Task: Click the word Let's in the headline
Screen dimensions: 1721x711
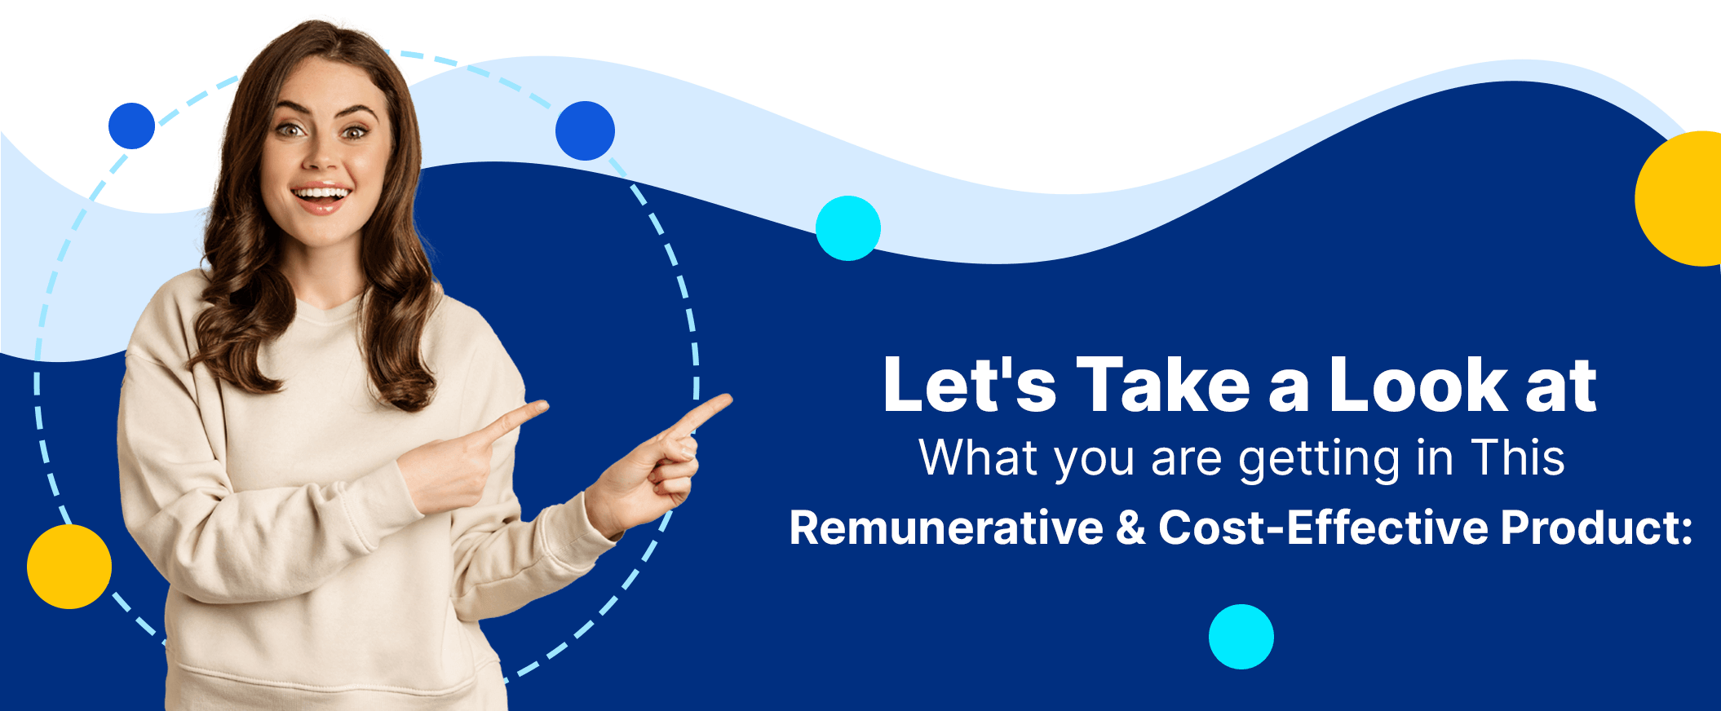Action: pyautogui.click(x=970, y=384)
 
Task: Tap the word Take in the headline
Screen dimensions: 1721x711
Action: pyautogui.click(x=1163, y=384)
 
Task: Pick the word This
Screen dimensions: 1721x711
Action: pyautogui.click(x=1518, y=457)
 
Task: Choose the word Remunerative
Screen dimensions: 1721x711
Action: pyautogui.click(x=946, y=528)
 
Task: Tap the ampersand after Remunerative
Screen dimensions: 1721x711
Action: pyautogui.click(x=1131, y=528)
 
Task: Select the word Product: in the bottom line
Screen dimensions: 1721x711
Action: pyautogui.click(x=1597, y=528)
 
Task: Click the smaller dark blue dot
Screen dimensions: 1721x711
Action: pyautogui.click(x=131, y=126)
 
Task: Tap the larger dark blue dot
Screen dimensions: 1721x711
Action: pyautogui.click(x=585, y=130)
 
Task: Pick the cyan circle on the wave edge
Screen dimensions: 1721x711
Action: pyautogui.click(x=848, y=228)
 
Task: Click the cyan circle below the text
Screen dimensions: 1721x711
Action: pyautogui.click(x=1241, y=637)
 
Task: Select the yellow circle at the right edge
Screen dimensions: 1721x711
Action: pyautogui.click(x=1680, y=198)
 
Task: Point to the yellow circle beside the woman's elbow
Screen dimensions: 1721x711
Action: pyautogui.click(x=69, y=567)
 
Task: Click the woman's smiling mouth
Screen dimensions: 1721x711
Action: pyautogui.click(x=321, y=197)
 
